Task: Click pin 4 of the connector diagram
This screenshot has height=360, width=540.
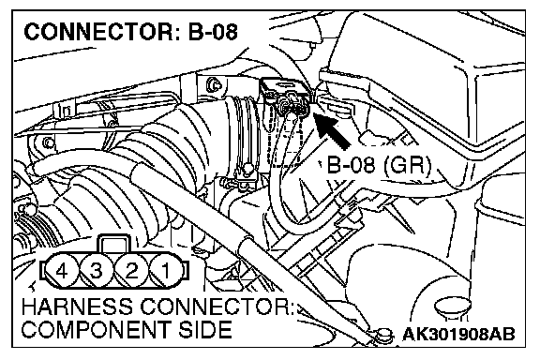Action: click(61, 271)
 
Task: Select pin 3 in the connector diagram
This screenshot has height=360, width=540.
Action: click(96, 271)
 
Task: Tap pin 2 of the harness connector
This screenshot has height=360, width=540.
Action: click(131, 271)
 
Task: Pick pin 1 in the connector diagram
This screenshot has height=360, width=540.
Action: click(166, 271)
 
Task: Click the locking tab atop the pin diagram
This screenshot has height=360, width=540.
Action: click(114, 245)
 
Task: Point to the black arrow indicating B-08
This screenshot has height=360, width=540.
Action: click(331, 130)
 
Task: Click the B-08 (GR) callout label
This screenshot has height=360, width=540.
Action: click(379, 165)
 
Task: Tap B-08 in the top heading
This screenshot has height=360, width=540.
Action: click(213, 32)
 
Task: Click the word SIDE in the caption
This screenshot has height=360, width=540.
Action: click(205, 329)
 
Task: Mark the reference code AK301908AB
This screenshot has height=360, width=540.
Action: click(458, 334)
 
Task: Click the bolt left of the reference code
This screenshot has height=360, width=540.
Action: click(383, 335)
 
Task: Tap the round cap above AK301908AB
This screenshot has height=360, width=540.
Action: click(453, 307)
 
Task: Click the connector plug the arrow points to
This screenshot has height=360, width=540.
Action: click(292, 103)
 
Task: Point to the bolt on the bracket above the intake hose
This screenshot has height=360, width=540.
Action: click(214, 84)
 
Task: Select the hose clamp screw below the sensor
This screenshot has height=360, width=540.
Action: click(247, 169)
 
